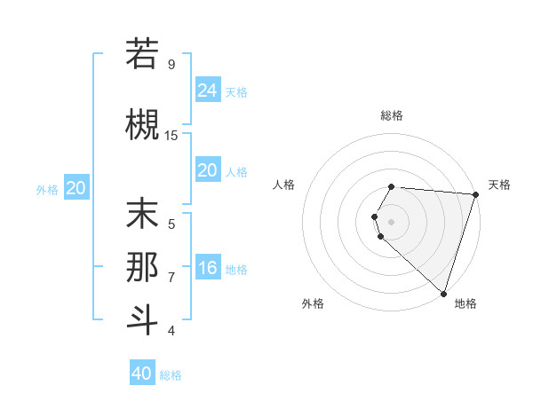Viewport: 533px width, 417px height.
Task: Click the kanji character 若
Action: [142, 54]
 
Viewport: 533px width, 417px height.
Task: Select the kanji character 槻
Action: [142, 122]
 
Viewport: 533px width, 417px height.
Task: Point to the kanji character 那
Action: [142, 266]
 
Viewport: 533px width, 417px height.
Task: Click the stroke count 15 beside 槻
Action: [171, 135]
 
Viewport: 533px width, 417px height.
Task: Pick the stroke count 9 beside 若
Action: [171, 65]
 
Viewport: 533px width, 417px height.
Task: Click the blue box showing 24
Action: [208, 90]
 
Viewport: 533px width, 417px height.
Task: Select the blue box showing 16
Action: [208, 268]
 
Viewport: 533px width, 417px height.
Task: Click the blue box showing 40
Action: [142, 374]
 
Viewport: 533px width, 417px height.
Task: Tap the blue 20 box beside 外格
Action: [76, 188]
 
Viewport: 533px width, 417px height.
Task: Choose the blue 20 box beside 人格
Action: [208, 170]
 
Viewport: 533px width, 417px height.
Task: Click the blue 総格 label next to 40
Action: [171, 375]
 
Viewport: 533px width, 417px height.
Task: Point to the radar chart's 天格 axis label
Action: [499, 185]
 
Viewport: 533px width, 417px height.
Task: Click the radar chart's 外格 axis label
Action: [313, 303]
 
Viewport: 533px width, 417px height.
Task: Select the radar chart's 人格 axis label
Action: [284, 185]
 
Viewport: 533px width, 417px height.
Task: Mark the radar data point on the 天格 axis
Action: [475, 194]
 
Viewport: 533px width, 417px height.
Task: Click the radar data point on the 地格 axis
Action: [443, 294]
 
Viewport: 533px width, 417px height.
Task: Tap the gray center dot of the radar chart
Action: [392, 221]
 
